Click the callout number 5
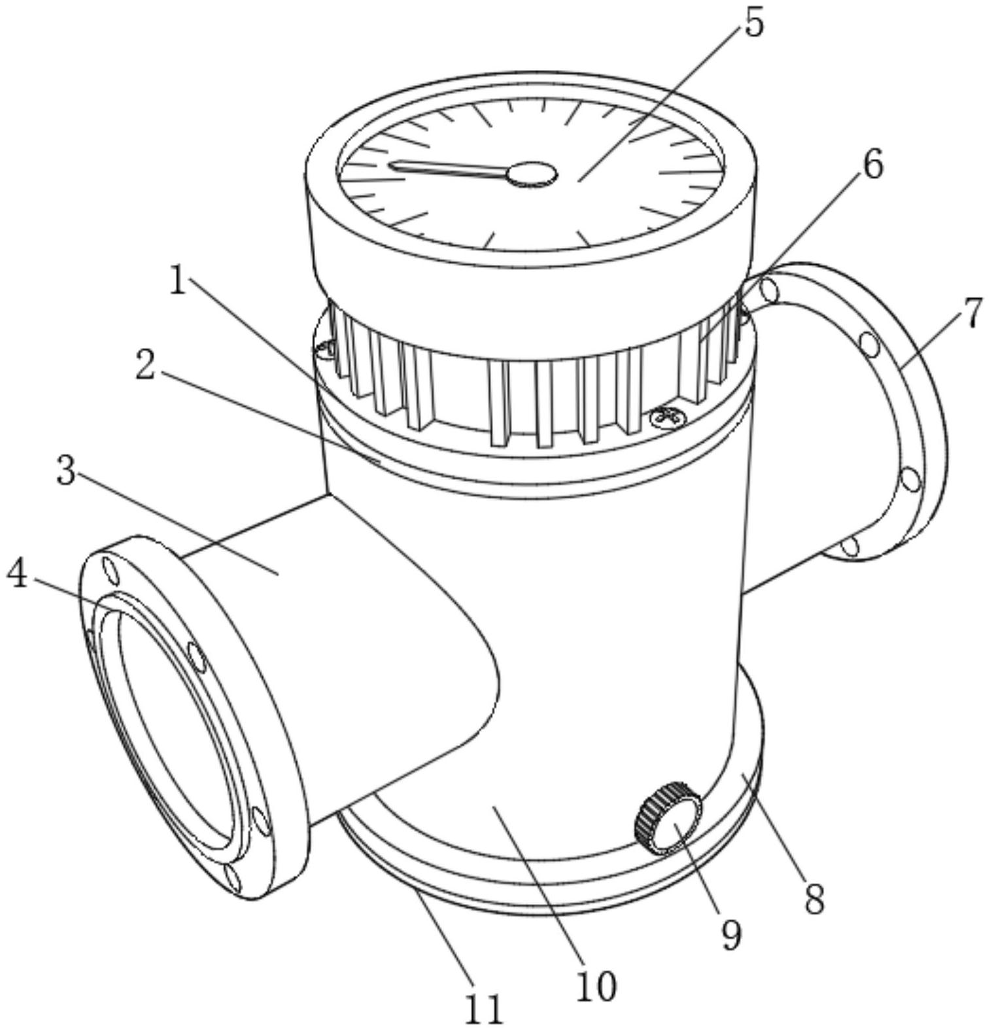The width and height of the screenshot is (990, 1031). pyautogui.click(x=753, y=24)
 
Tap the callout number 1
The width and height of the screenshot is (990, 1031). pyautogui.click(x=178, y=282)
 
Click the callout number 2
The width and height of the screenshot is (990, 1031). pyautogui.click(x=145, y=366)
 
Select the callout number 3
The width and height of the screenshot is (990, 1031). pyautogui.click(x=66, y=470)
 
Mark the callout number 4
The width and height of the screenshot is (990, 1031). pyautogui.click(x=18, y=575)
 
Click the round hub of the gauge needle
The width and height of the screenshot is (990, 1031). pyautogui.click(x=533, y=174)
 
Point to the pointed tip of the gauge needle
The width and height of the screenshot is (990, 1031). pyautogui.click(x=390, y=164)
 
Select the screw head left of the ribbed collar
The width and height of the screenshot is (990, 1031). pyautogui.click(x=324, y=352)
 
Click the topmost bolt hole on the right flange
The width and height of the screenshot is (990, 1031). pyautogui.click(x=770, y=290)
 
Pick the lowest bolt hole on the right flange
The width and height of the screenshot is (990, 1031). pyautogui.click(x=849, y=546)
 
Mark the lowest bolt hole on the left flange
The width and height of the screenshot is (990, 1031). pyautogui.click(x=231, y=879)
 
